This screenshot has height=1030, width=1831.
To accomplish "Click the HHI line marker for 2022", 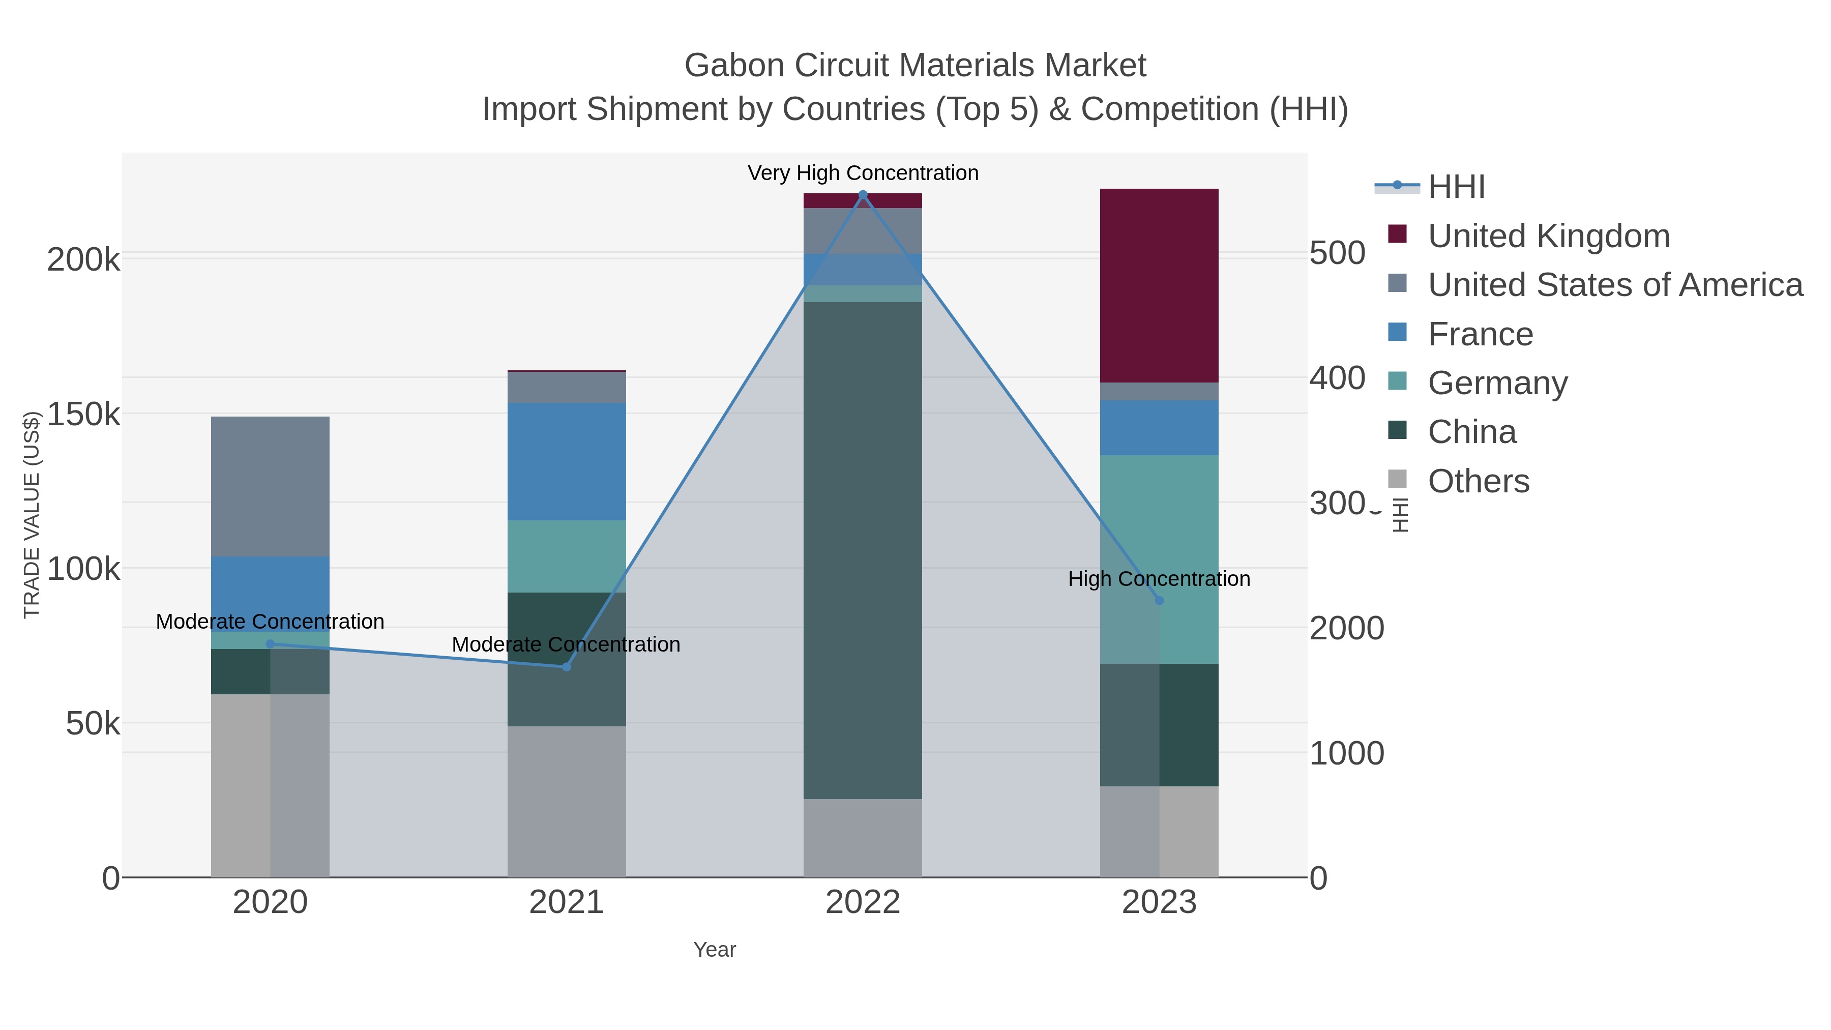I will point(863,195).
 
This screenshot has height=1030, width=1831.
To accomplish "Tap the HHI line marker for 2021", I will point(567,667).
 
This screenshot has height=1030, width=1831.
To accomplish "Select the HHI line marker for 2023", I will point(1159,601).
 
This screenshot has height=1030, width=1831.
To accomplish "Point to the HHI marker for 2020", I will point(270,644).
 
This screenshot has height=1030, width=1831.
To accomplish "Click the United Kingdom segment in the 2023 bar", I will point(1159,286).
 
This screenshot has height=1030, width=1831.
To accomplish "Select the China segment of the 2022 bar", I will point(863,550).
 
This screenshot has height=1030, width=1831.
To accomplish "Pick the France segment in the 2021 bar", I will point(567,461).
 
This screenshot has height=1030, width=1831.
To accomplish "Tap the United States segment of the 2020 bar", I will point(270,486).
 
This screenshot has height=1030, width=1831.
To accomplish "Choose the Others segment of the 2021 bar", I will point(567,801).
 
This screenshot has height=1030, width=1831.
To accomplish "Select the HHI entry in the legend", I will point(1456,187).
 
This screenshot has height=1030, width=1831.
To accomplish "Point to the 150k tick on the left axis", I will point(83,415).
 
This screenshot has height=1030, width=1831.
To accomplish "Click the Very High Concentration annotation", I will point(863,173).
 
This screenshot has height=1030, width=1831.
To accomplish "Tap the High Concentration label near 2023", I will point(1159,579).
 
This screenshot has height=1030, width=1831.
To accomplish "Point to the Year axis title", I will point(715,950).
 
